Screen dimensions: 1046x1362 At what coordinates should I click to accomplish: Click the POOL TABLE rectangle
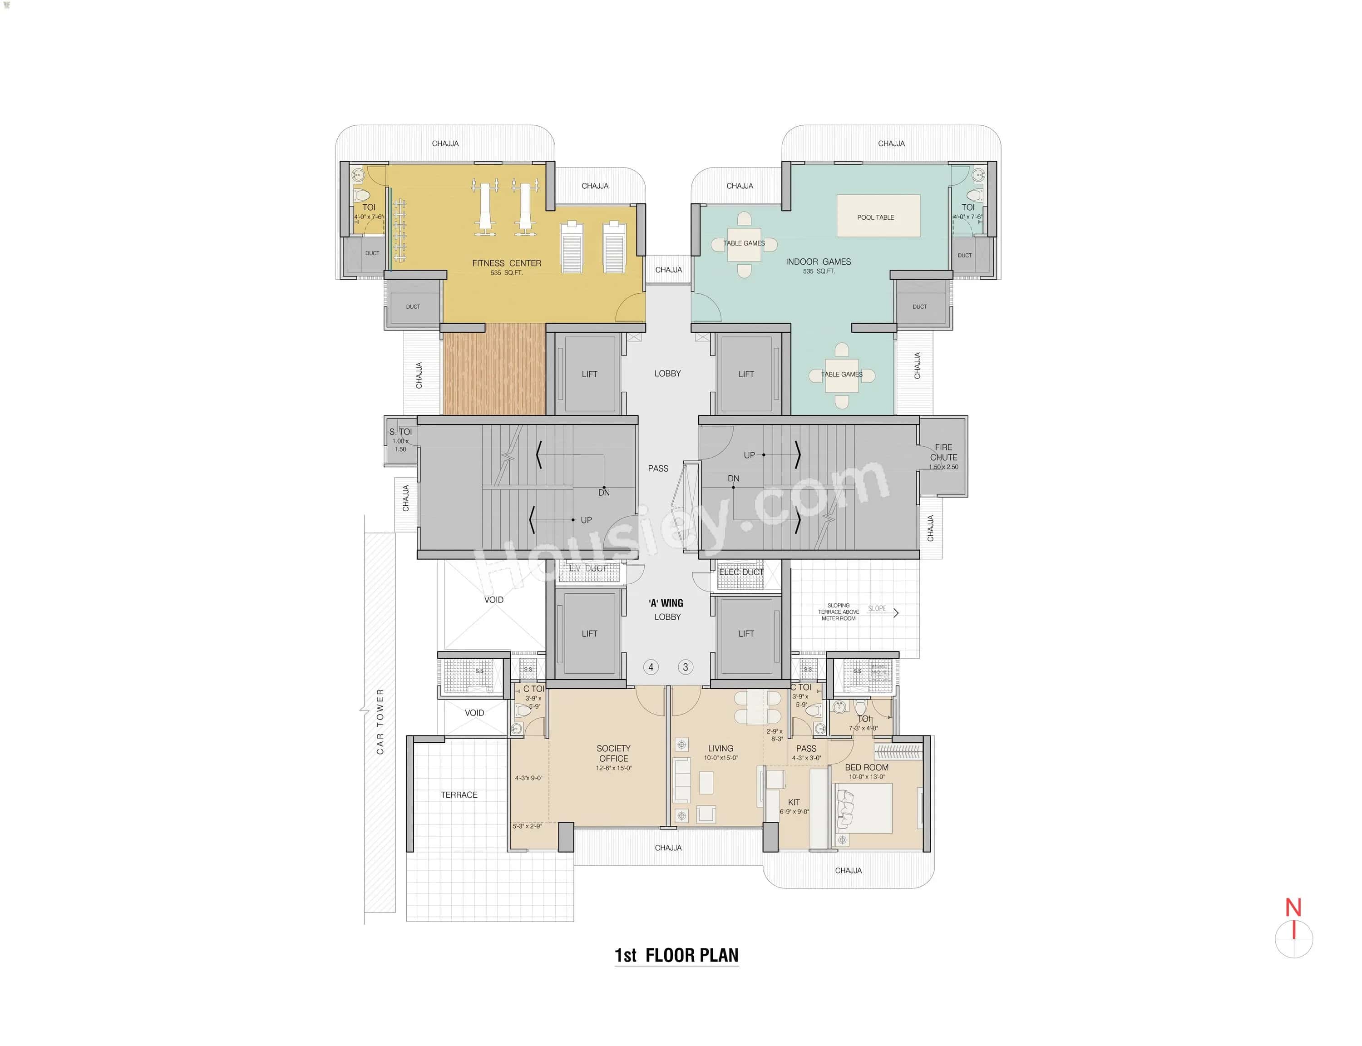878,216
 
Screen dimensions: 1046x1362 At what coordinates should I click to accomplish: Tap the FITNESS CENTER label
506,263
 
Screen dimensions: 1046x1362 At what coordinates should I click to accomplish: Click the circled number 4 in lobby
651,667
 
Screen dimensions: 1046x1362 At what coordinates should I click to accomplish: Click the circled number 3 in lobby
686,667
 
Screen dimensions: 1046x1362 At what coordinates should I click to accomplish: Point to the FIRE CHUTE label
943,452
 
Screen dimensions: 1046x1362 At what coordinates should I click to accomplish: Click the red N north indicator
1293,908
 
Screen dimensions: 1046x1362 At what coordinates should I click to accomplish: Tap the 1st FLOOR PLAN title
676,956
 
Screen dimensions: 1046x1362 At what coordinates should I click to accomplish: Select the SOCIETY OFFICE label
613,753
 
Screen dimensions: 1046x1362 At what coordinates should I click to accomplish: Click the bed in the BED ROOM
864,808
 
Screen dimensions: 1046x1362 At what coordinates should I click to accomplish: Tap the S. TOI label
400,431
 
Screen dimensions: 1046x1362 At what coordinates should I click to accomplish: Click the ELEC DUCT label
741,572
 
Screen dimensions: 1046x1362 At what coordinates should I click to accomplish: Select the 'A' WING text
666,603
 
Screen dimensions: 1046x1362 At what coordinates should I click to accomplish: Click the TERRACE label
459,795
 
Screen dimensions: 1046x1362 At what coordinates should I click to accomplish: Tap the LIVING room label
720,748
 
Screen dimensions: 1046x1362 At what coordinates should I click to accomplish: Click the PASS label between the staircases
658,468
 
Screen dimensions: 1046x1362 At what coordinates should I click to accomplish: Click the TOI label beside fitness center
369,207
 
